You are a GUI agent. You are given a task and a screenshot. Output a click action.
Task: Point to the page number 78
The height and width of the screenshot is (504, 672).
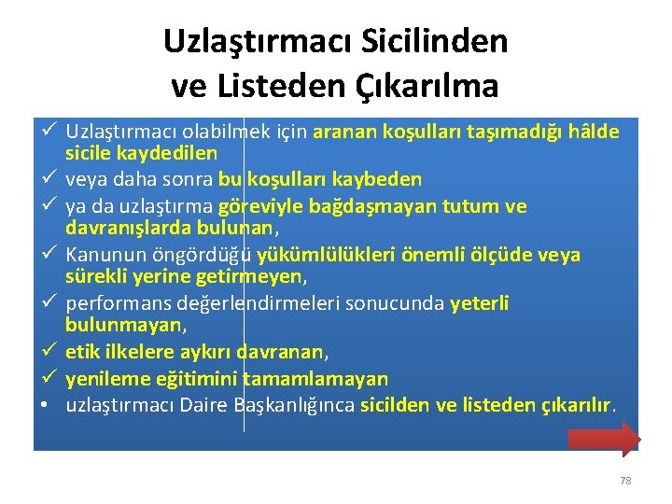625,481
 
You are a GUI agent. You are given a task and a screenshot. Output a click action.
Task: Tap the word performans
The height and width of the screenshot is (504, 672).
116,303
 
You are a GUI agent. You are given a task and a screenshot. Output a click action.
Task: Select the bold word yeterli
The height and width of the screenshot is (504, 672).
479,303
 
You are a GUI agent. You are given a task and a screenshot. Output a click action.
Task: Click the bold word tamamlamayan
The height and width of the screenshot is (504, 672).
316,379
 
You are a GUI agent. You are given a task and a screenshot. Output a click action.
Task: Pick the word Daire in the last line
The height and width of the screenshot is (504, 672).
207,406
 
